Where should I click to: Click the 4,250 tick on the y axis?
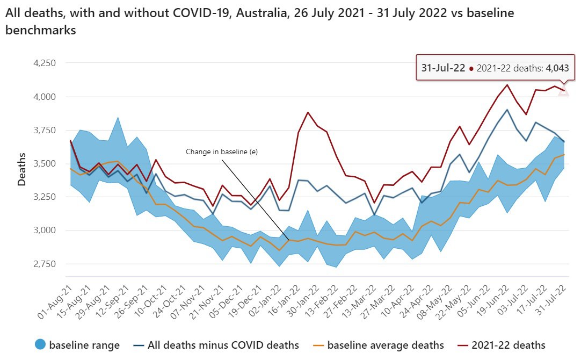pos(44,63)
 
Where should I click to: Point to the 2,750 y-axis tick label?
pos(44,264)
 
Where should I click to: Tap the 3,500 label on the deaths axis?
pos(44,163)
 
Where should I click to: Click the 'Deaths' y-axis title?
pos(21,169)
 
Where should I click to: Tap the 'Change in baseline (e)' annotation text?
pos(222,152)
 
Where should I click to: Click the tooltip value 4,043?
pos(561,68)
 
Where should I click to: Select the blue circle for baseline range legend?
pos(40,345)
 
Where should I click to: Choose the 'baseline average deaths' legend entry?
pos(379,345)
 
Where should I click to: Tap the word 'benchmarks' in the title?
pos(40,31)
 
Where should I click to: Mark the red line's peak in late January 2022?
pos(308,112)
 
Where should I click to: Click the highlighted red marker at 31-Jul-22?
pos(563,90)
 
